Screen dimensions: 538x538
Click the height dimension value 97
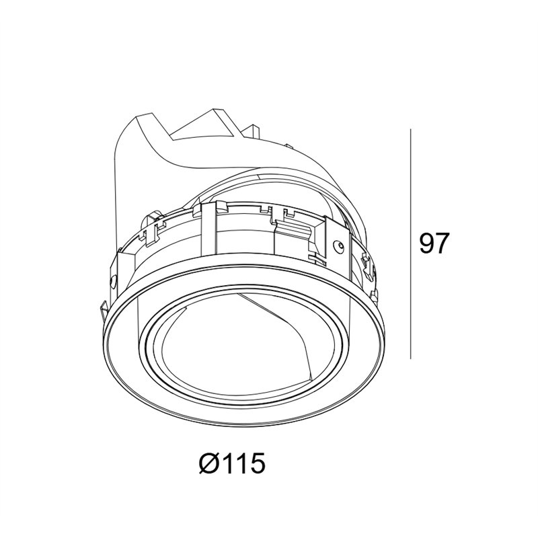[433, 243]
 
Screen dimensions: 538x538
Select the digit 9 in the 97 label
[426, 243]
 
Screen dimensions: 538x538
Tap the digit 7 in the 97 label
[442, 243]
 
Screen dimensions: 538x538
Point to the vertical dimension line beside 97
[411, 244]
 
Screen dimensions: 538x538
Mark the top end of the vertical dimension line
[411, 129]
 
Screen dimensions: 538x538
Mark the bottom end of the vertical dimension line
[411, 359]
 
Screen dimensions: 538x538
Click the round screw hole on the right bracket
[339, 246]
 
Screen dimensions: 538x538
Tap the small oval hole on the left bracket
[113, 281]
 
